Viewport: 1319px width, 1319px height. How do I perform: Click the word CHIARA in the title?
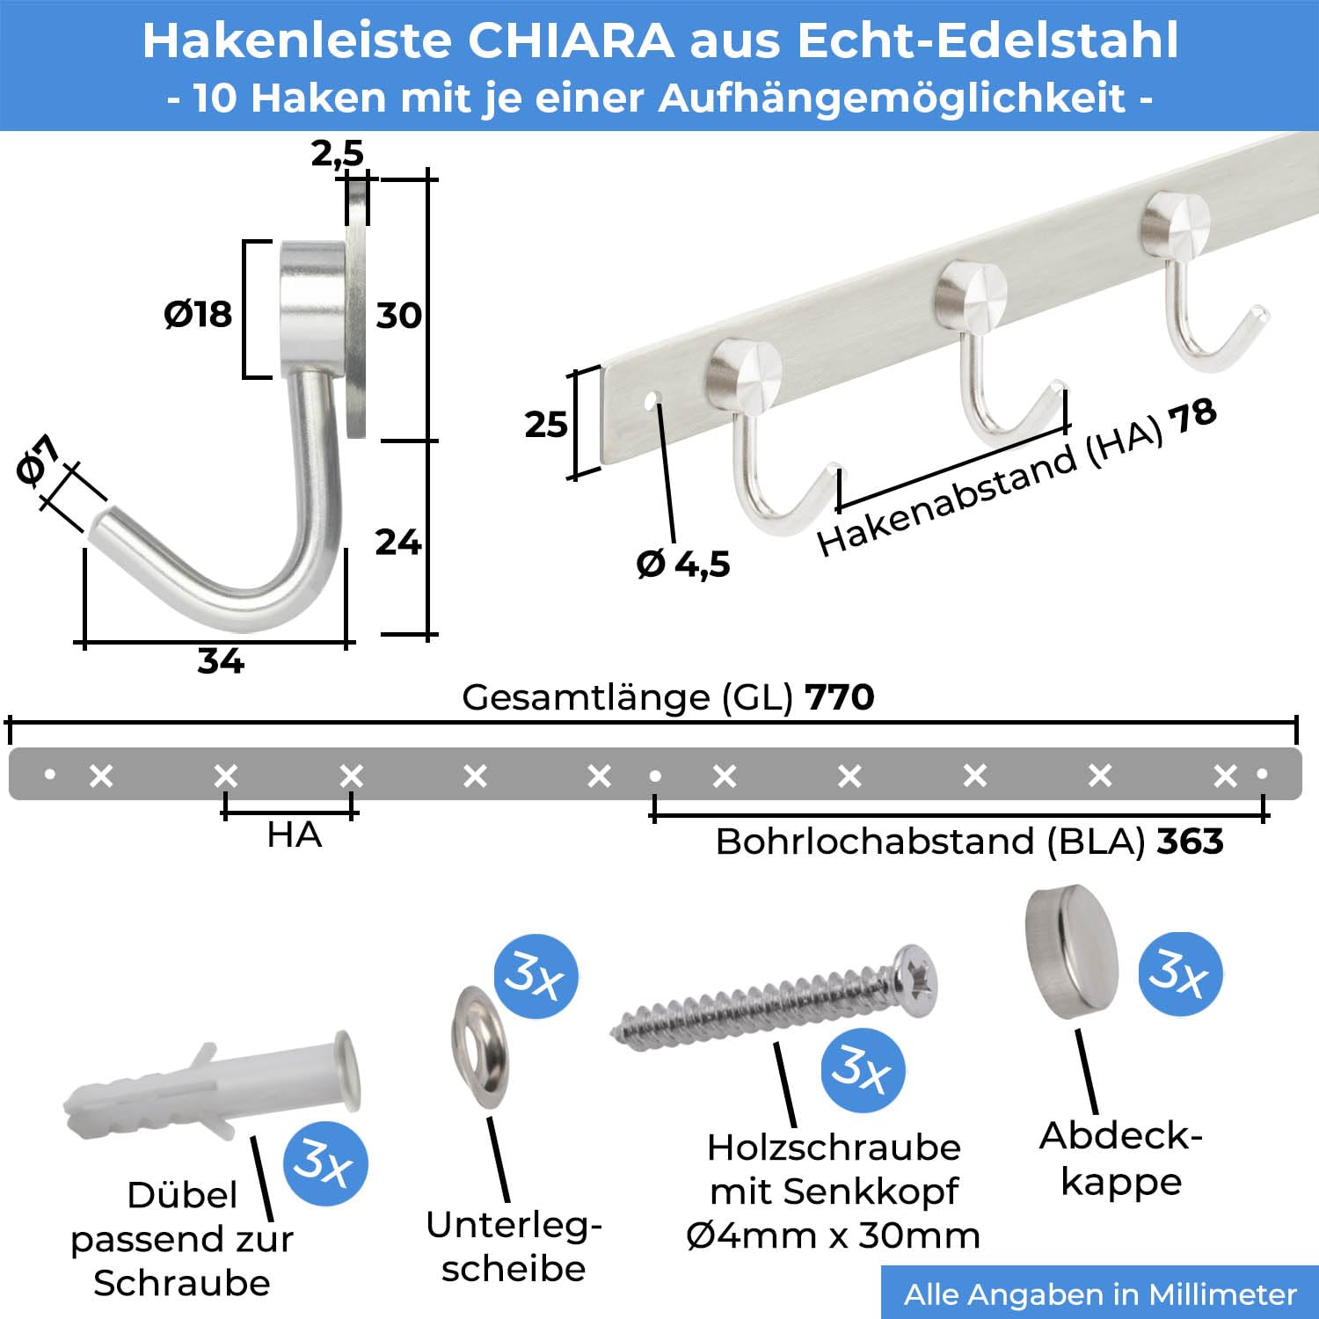571,40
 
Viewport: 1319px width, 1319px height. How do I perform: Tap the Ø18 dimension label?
198,314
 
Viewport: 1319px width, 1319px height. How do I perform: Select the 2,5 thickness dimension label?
337,154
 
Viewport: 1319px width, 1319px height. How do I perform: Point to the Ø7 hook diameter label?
38,459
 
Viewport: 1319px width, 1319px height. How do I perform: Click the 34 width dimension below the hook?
221,661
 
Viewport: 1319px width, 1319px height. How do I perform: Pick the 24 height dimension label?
398,542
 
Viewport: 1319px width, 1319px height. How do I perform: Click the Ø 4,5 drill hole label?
683,564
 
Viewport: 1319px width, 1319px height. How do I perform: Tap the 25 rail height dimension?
546,425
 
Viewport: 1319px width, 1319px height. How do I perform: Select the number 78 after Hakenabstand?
1192,416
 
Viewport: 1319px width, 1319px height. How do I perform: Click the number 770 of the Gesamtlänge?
840,697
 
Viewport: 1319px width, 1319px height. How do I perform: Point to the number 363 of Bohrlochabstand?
1190,842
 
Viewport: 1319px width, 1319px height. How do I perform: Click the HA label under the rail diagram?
295,834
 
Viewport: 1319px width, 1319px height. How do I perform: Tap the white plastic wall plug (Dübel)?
212,1087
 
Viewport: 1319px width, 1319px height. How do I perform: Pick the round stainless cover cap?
1071,951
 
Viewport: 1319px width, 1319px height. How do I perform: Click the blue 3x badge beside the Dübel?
325,1163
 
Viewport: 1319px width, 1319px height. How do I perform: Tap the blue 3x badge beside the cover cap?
1180,973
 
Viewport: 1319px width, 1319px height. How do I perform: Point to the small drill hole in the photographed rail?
652,402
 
